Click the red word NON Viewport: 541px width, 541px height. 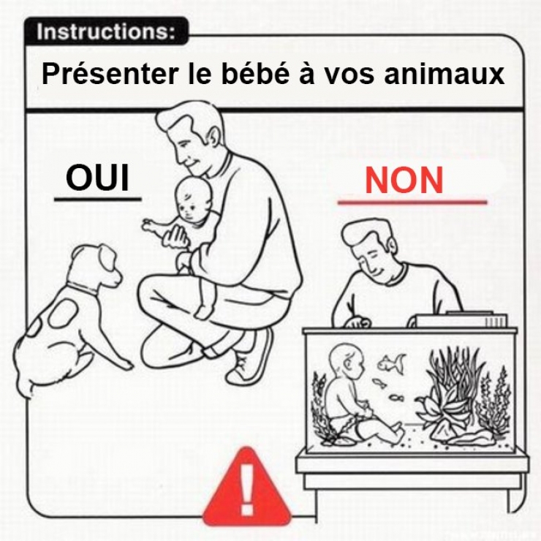404,181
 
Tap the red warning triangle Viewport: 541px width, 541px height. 247,489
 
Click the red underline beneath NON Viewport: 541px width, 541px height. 412,202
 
